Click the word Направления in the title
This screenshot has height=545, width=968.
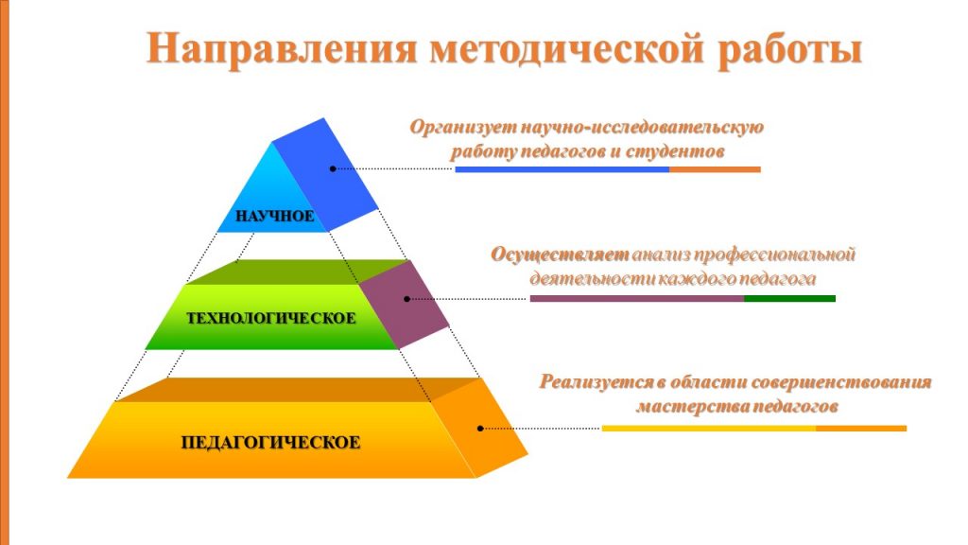pos(282,49)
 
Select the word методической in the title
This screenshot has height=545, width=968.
pos(567,49)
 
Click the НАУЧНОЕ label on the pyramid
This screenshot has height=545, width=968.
pos(275,216)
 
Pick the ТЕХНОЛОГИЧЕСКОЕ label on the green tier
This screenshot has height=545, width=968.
pos(271,318)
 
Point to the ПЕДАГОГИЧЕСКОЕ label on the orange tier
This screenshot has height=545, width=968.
pos(270,443)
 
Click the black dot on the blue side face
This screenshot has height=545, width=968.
pos(333,168)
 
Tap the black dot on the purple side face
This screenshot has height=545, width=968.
pos(406,299)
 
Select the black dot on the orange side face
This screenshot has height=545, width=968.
pos(480,429)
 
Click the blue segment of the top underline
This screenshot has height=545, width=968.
pos(562,169)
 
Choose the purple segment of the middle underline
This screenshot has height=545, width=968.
pos(637,298)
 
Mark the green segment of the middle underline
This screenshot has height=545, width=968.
pos(789,298)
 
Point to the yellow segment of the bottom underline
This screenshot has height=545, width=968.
pos(709,429)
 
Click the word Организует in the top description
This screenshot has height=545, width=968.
pos(463,128)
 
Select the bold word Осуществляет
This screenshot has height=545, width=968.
pos(560,255)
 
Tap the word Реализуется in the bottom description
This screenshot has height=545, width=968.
pos(596,382)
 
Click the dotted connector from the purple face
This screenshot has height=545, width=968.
pos(469,299)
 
